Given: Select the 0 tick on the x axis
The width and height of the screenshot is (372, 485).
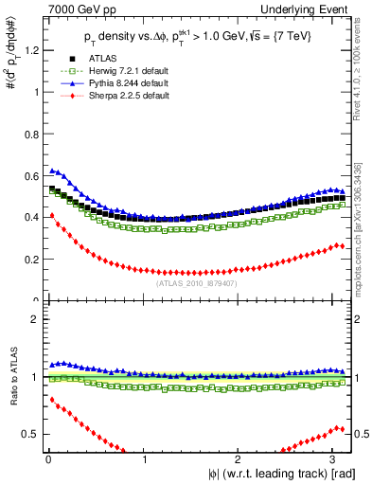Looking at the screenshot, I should [47, 460].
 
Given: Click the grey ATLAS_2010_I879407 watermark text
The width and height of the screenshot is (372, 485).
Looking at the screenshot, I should [197, 282].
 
